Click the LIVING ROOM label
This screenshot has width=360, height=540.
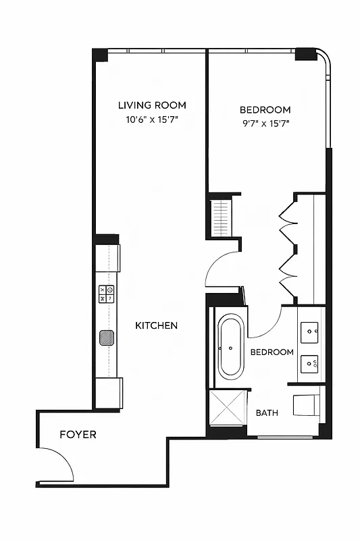pos(152,105)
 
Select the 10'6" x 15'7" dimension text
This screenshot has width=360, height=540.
pos(152,119)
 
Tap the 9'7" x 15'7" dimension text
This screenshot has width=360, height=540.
pos(265,124)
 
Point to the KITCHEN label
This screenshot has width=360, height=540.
pos(157,325)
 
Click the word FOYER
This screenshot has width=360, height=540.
pos(78,435)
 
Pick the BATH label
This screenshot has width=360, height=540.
pos(267,413)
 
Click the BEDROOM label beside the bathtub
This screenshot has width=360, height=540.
pos(272,352)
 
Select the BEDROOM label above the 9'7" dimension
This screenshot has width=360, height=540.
pos(265,109)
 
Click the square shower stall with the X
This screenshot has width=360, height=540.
pos(228,407)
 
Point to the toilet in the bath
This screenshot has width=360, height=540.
pos(307,406)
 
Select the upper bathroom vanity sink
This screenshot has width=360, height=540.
pos(311,331)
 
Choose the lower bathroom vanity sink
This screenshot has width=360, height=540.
pos(311,364)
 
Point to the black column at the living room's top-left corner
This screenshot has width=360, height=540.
pos(100,55)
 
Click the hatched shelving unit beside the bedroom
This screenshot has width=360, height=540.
pos(220,216)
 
